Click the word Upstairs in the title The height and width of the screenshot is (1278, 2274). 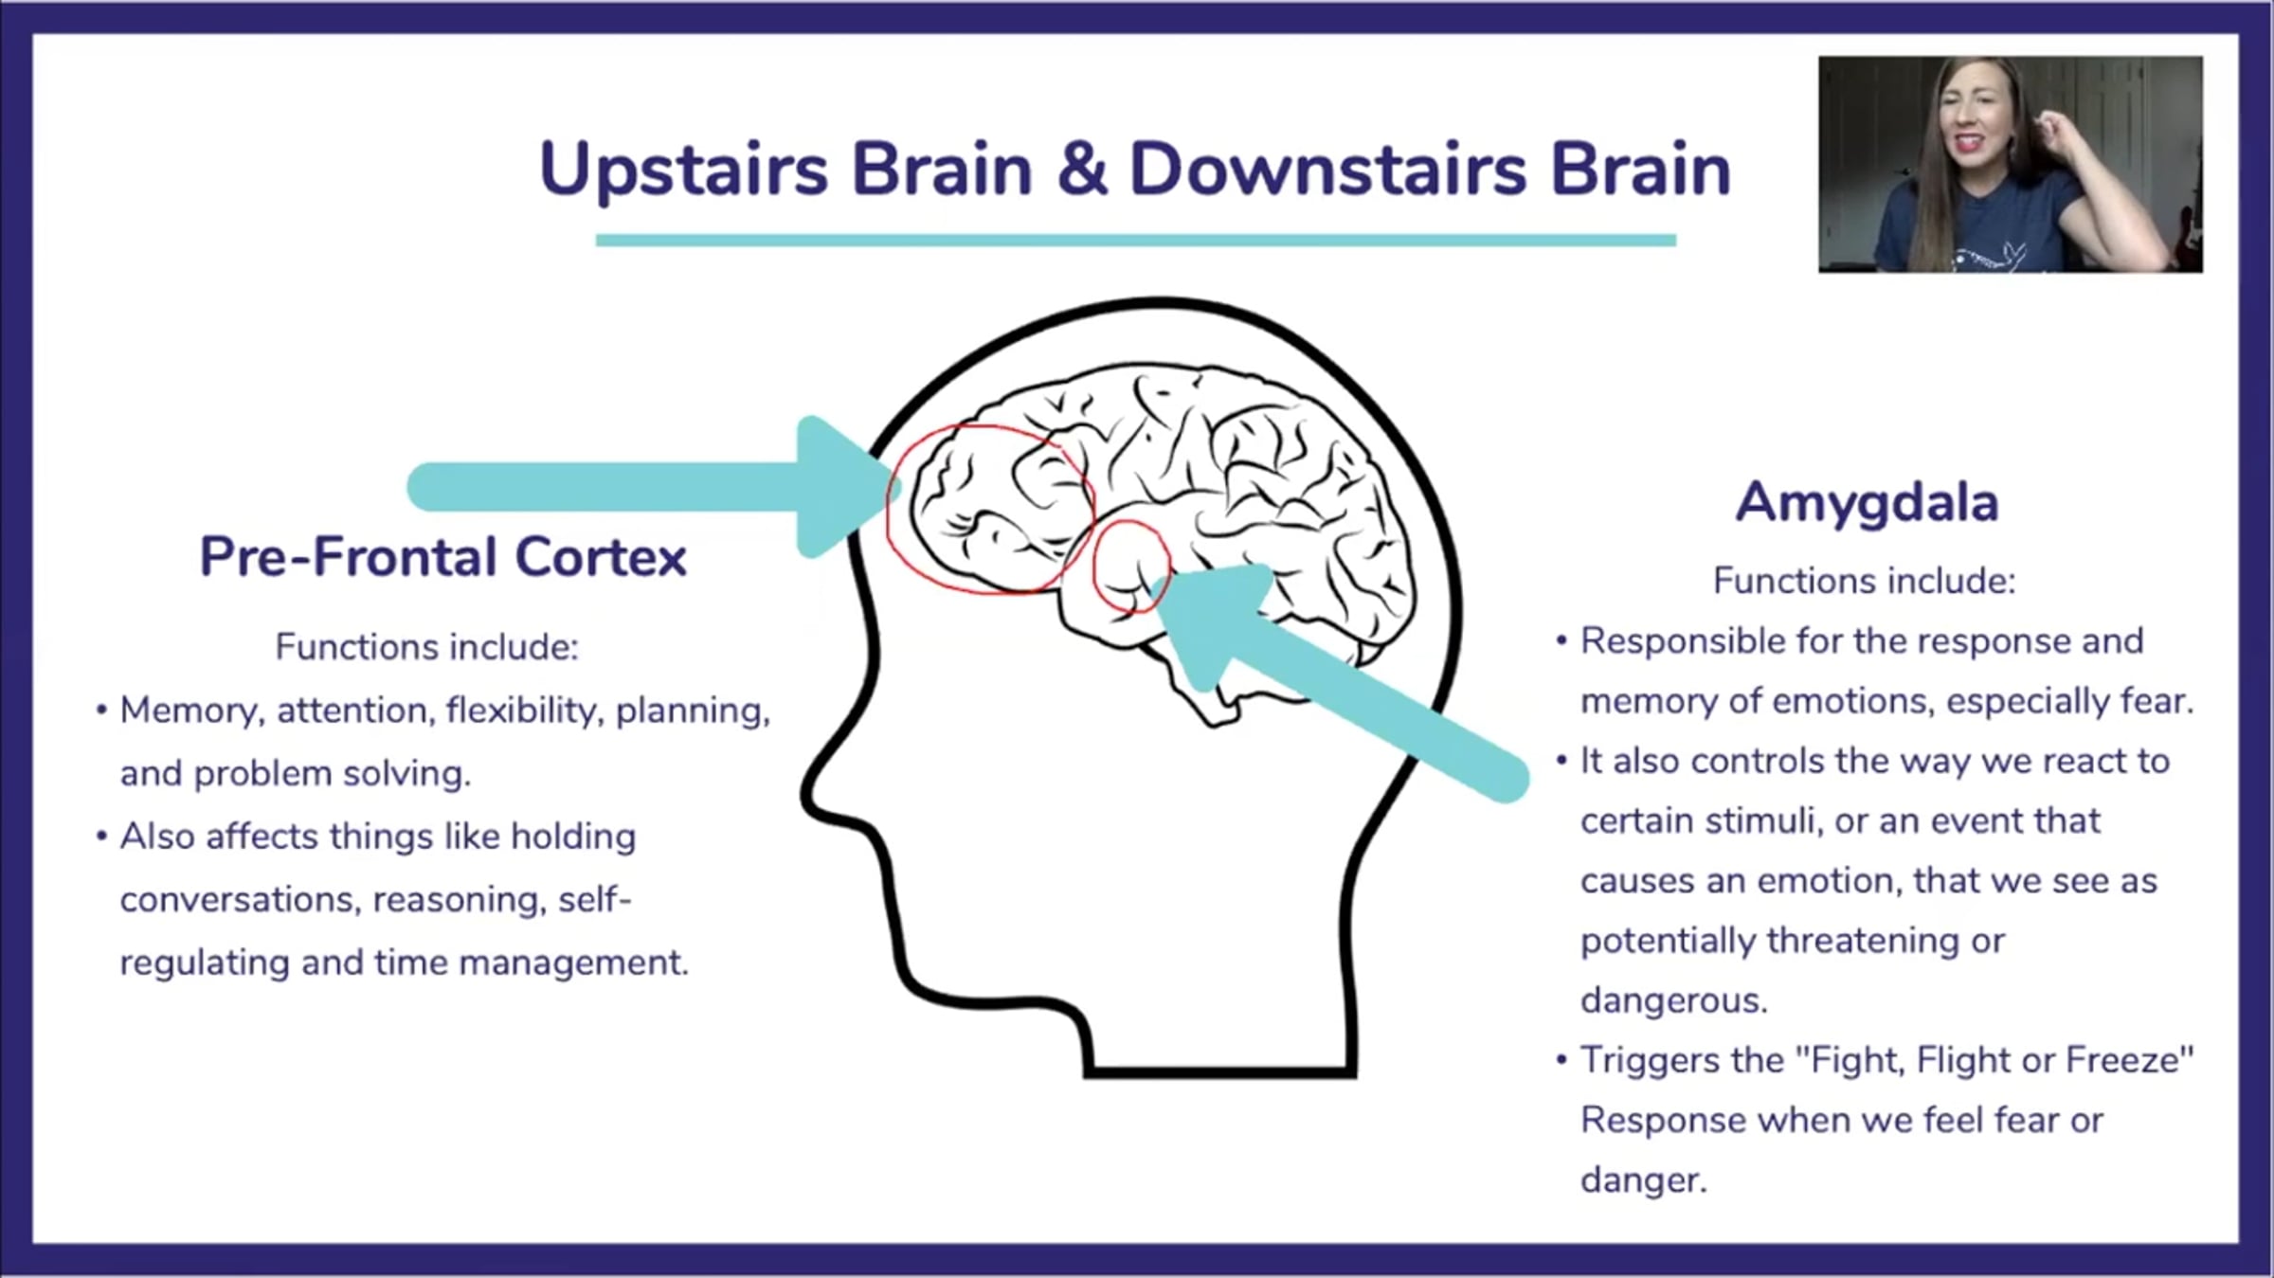click(683, 171)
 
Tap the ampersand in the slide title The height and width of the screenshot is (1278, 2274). click(1081, 170)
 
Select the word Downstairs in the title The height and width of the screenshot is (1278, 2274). click(1327, 170)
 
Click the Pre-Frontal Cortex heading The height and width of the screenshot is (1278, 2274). click(442, 556)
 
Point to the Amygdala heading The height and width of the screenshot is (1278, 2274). click(1867, 502)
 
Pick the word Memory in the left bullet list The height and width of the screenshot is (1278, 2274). click(189, 711)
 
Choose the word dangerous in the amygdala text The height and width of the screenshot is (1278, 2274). click(1673, 1000)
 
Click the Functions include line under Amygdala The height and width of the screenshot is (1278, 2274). click(1864, 581)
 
